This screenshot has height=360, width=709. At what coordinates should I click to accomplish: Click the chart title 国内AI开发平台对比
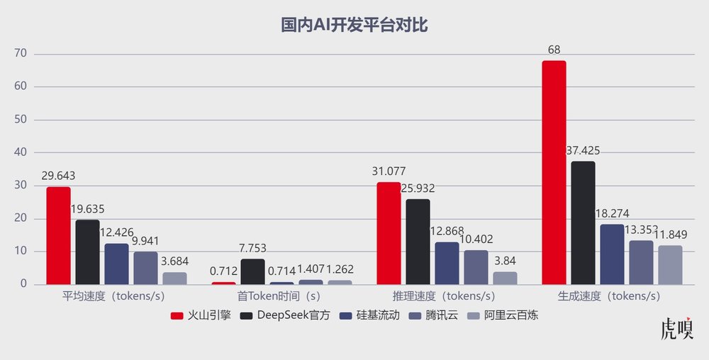pos(354,26)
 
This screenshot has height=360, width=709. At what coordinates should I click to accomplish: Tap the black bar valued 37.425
pos(583,223)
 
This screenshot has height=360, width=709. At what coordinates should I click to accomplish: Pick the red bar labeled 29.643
pos(58,235)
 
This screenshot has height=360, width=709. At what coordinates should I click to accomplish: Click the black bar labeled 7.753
pos(252,271)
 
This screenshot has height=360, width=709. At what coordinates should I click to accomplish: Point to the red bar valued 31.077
pos(389,233)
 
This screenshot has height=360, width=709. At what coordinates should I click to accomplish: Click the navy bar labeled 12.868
pos(447,263)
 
